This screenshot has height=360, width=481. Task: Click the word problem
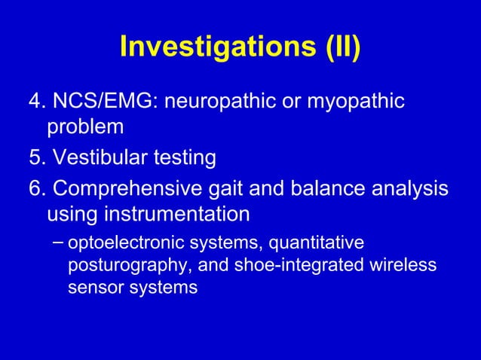[x=85, y=127]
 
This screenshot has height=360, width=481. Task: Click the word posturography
[x=121, y=266]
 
